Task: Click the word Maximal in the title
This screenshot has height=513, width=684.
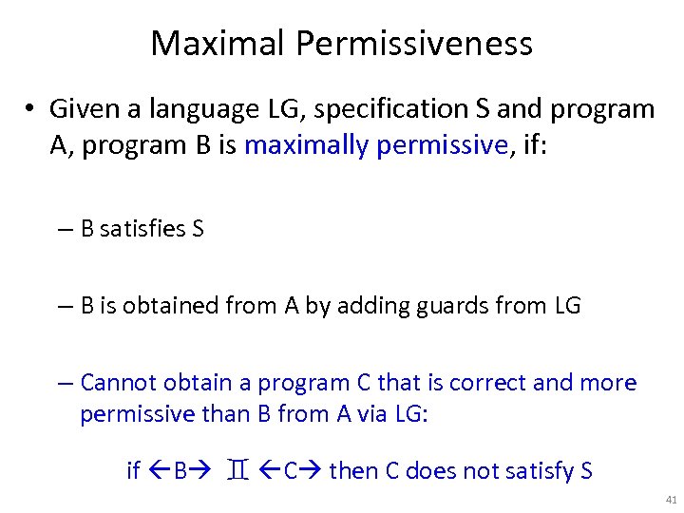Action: coord(218,44)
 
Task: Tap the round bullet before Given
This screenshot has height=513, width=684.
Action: coord(32,110)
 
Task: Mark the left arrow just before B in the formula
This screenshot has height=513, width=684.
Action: coord(158,470)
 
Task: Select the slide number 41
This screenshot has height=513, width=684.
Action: coord(672,499)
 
